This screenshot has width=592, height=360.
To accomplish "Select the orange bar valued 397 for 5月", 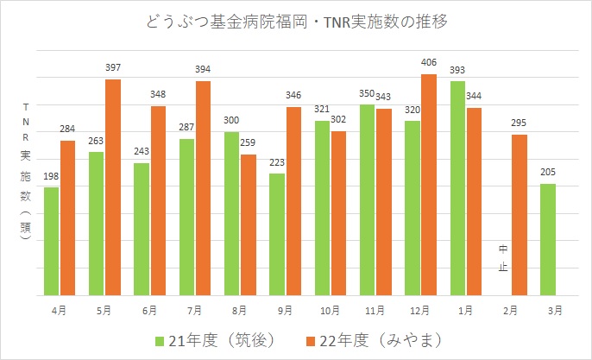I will coord(113,186).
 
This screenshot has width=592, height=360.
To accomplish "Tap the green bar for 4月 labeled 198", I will coord(51,241).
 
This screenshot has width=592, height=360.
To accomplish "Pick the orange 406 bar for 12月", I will coord(428,184).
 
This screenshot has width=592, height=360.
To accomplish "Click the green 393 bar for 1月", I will coord(457,187).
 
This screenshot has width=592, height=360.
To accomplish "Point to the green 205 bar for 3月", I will coord(548,239).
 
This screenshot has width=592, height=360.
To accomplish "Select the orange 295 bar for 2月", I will coord(519,214).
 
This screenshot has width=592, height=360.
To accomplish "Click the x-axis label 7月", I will coord(195,308).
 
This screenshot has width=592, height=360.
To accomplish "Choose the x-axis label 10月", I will coord(330,308).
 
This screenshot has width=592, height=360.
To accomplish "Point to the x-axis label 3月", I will coord(556,308).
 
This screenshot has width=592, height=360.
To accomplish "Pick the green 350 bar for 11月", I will coord(367,199).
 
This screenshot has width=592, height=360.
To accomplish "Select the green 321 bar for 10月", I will coord(322,207).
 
